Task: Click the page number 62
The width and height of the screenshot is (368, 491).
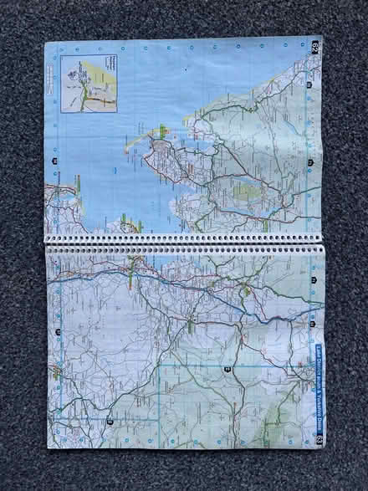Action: click(315, 45)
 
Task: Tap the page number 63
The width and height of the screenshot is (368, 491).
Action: click(318, 439)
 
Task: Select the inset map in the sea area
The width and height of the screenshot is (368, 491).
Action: click(88, 83)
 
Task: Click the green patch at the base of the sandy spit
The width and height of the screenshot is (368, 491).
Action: click(160, 131)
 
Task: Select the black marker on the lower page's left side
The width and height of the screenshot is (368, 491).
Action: click(58, 332)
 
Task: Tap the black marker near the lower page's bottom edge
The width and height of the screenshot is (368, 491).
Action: click(110, 422)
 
